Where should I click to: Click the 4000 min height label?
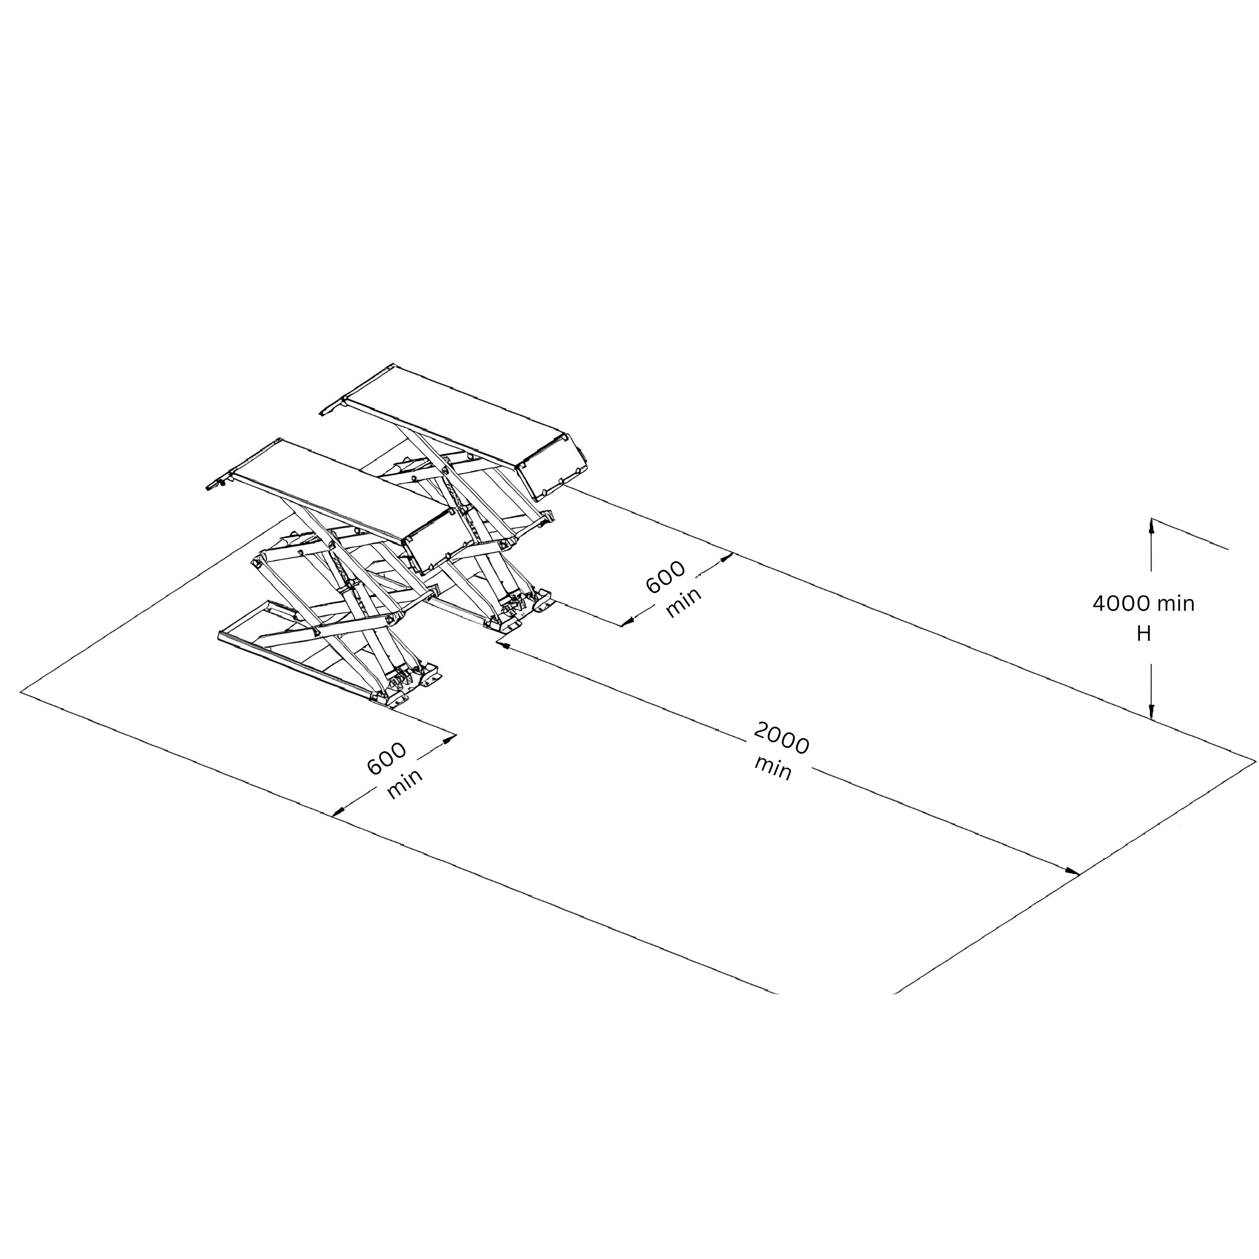click(1143, 603)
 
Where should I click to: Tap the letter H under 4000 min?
click(1143, 633)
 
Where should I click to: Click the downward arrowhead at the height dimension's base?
click(1151, 711)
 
